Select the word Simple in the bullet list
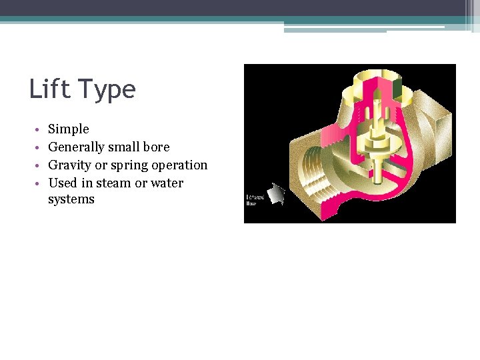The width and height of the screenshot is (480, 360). (x=68, y=129)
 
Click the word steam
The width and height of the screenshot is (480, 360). (x=113, y=183)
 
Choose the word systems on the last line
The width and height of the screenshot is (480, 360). (x=71, y=199)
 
